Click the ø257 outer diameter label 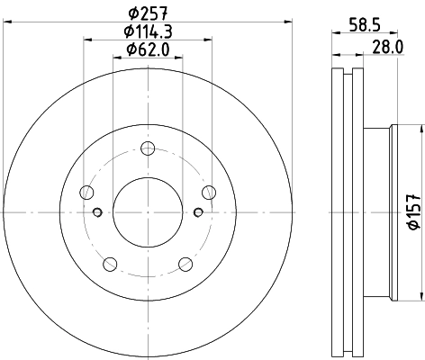click(149, 12)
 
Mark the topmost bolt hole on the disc click(148, 148)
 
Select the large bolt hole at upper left click(86, 192)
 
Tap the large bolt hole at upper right click(209, 192)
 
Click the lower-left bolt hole click(110, 264)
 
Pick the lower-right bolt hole click(185, 264)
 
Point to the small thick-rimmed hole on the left click(97, 212)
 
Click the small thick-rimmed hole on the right click(198, 212)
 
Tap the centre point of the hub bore click(148, 212)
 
